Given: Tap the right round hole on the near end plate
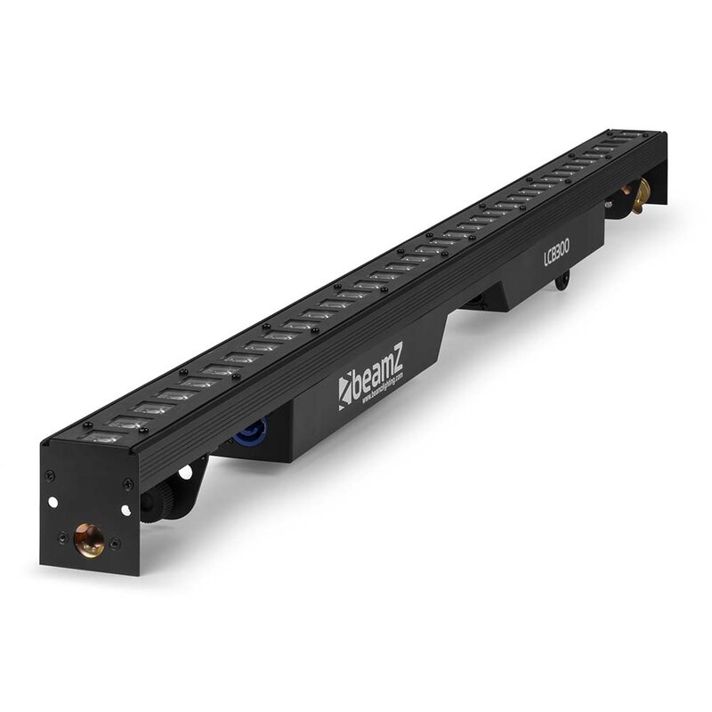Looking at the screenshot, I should click(125, 509).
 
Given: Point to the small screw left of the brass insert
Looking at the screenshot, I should click(62, 536).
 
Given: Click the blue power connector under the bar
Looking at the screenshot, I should click(245, 434).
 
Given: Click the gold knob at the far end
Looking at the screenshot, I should click(638, 191).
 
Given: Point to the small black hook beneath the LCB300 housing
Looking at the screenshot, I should click(562, 283).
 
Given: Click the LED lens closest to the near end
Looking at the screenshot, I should click(104, 436).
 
